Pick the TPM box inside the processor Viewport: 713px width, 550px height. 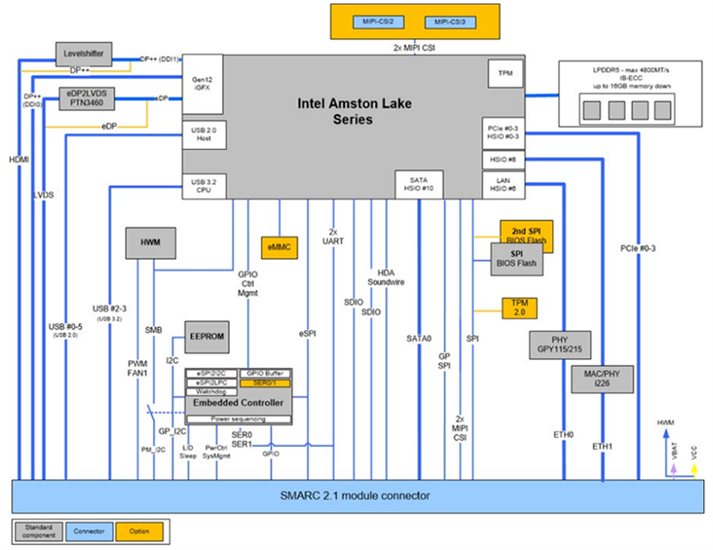(505, 75)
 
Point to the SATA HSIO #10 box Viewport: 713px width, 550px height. (419, 183)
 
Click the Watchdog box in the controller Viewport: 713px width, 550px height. (211, 392)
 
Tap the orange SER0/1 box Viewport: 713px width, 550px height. (265, 382)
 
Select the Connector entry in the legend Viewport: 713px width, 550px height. (90, 532)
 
